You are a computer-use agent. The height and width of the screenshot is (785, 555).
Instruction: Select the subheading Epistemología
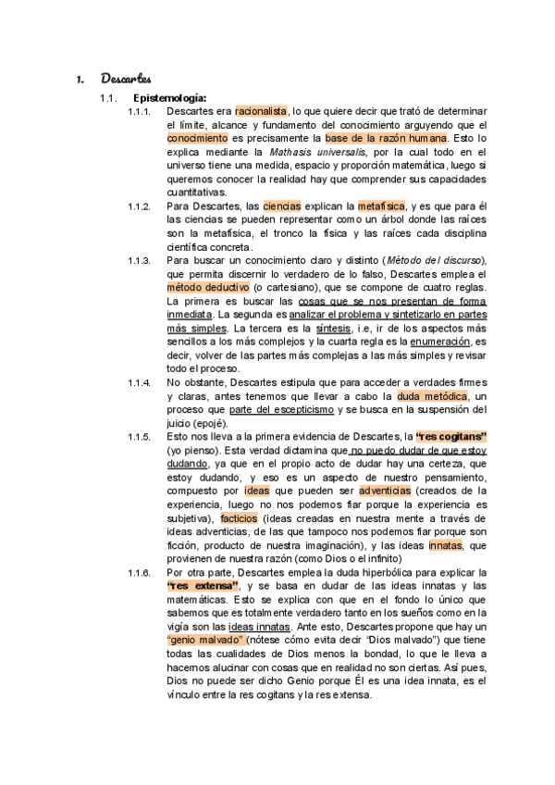click(x=169, y=97)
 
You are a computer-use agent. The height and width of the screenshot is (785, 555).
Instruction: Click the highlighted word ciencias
click(x=281, y=206)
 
